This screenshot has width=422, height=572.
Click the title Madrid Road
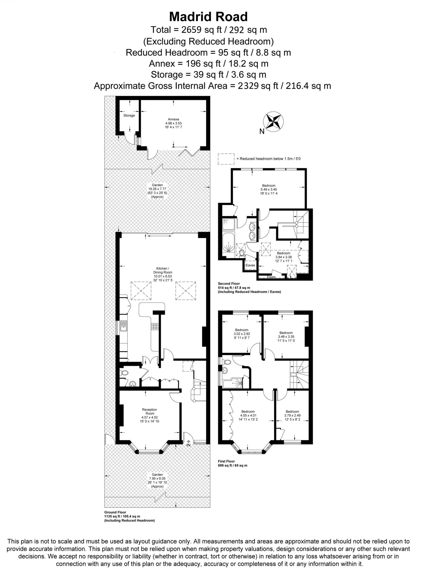click(x=208, y=17)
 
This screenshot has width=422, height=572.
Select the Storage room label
click(x=129, y=115)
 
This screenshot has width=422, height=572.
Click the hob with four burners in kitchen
click(x=155, y=326)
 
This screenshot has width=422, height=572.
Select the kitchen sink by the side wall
click(x=123, y=326)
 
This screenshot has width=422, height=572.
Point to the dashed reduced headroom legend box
click(x=226, y=159)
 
